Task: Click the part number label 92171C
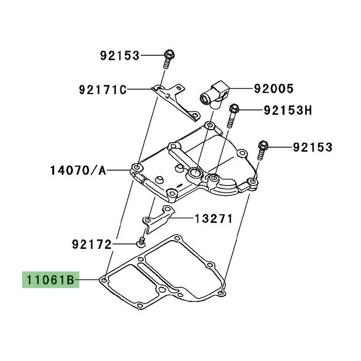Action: pyautogui.click(x=102, y=89)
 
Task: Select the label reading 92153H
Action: pyautogui.click(x=288, y=111)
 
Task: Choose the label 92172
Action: pyautogui.click(x=91, y=244)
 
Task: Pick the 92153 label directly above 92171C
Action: pyautogui.click(x=119, y=55)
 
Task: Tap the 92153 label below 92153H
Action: pyautogui.click(x=312, y=147)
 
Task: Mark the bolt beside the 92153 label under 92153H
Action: pyautogui.click(x=263, y=150)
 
